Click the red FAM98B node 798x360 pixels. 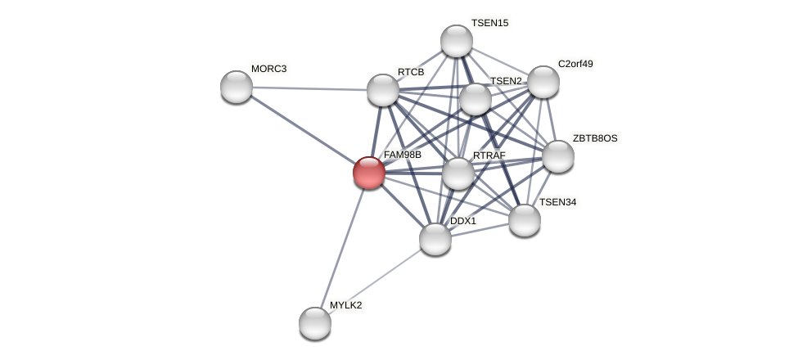coord(369,173)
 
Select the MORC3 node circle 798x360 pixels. coord(237,87)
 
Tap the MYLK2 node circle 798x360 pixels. coord(315,323)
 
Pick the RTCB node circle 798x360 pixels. coord(383,90)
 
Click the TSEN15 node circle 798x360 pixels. coord(457,41)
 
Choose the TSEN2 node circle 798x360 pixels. coord(476,99)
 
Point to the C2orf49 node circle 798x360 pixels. coord(543,82)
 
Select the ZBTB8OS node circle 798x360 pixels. coord(558,156)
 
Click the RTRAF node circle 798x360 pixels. coord(458,173)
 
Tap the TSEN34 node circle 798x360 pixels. coord(525,220)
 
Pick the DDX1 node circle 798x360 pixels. coord(435,239)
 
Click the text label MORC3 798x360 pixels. coord(268,69)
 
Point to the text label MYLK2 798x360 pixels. coord(345,305)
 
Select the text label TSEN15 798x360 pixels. coord(489,23)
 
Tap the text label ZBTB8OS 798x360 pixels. coord(595,138)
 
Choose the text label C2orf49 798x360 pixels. coord(575,64)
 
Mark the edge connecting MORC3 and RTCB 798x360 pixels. coord(309,88)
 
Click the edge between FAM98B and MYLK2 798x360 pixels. coord(342,248)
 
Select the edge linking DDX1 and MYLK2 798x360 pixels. coord(375,281)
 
